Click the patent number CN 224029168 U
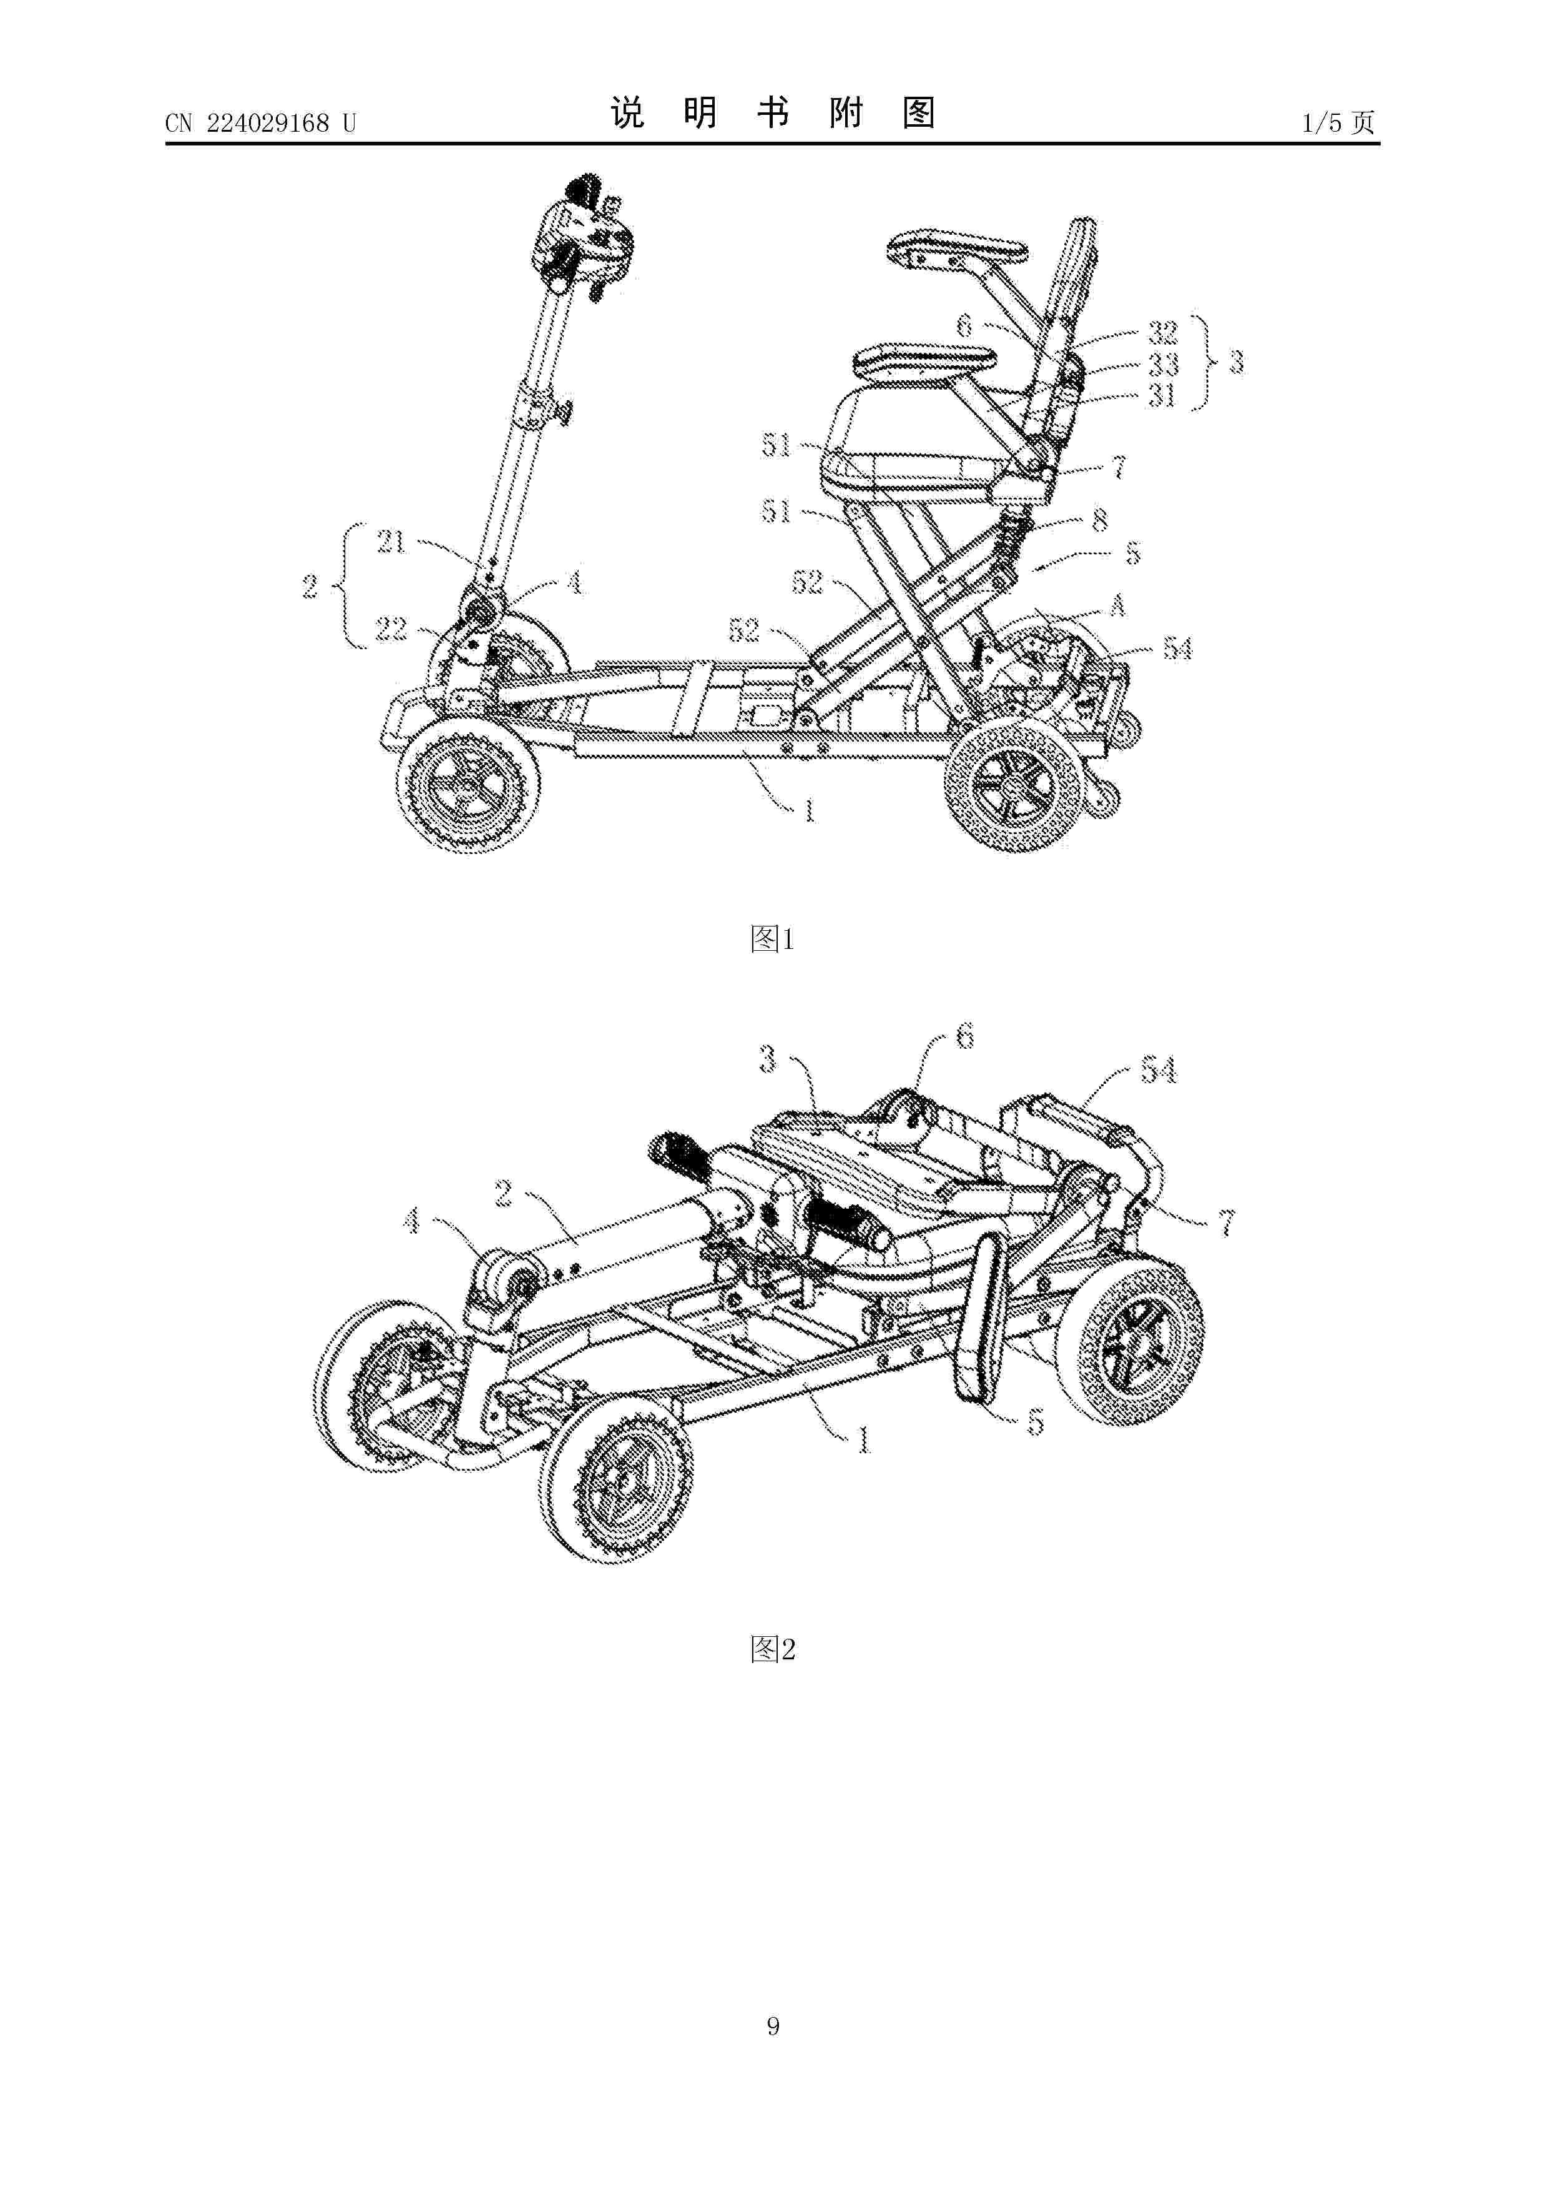click(x=260, y=123)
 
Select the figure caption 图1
click(x=773, y=940)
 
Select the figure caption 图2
click(x=773, y=1649)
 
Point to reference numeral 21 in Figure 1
click(x=391, y=543)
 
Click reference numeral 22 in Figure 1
click(x=391, y=629)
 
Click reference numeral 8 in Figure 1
click(x=1100, y=520)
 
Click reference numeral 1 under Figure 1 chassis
click(x=809, y=812)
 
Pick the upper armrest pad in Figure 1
click(x=957, y=247)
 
